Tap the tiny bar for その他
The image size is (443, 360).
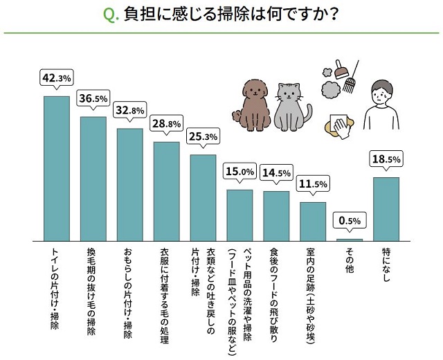click(350, 240)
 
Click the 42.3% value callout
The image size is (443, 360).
click(57, 78)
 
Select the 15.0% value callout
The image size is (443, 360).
click(239, 172)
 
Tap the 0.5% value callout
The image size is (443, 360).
click(350, 221)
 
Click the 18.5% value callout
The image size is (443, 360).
click(386, 159)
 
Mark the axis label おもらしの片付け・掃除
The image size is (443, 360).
click(129, 290)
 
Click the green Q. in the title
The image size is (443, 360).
click(111, 15)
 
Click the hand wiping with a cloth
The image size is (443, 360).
click(342, 125)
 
